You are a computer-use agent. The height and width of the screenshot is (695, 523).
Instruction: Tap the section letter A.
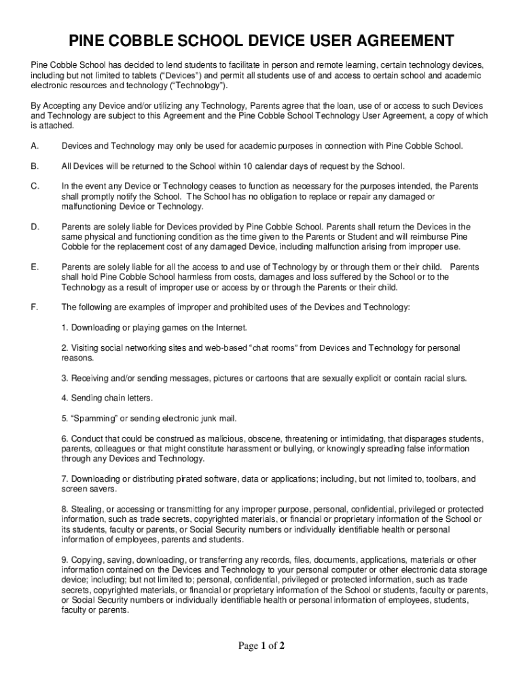pyautogui.click(x=34, y=146)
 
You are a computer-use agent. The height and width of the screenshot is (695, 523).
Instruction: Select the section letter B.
pyautogui.click(x=34, y=166)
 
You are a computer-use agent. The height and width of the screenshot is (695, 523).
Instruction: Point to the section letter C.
pyautogui.click(x=34, y=186)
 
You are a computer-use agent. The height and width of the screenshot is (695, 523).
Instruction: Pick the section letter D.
pyautogui.click(x=34, y=227)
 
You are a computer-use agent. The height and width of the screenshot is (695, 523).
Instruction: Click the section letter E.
pyautogui.click(x=34, y=267)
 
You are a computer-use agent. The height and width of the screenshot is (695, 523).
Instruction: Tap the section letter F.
pyautogui.click(x=34, y=307)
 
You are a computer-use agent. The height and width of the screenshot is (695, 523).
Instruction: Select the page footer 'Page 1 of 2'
pyautogui.click(x=261, y=646)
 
